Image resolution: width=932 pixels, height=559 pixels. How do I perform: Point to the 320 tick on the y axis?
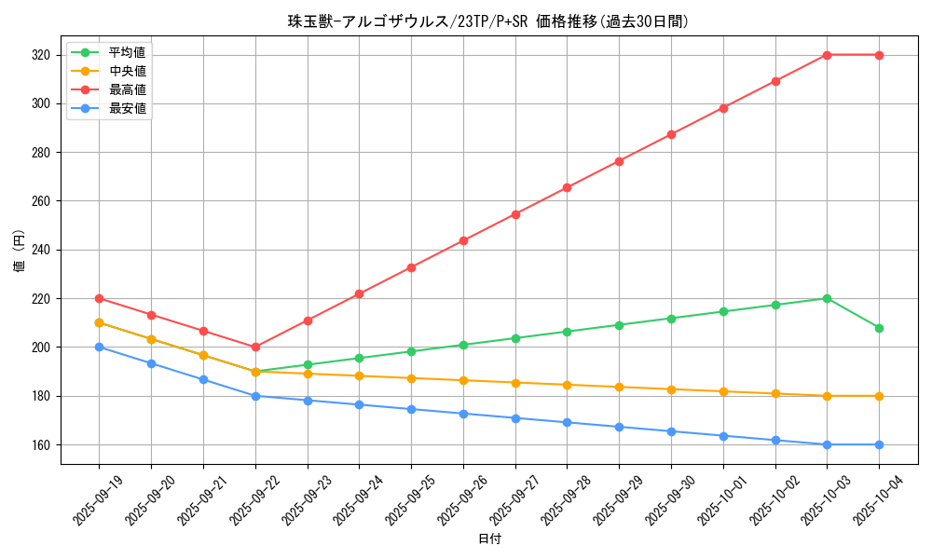tap(41, 55)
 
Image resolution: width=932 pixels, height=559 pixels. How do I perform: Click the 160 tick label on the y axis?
tap(41, 444)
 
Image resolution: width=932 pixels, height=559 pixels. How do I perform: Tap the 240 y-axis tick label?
tap(41, 250)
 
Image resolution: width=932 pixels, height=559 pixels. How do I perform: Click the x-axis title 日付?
tap(489, 539)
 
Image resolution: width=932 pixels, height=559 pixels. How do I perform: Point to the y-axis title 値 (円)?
tap(20, 251)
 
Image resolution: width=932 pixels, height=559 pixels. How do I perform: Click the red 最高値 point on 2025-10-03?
tap(827, 55)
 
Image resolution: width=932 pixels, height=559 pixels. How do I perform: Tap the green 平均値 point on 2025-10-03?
tap(827, 298)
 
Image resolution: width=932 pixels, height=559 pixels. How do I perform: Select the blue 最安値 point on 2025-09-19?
tap(99, 347)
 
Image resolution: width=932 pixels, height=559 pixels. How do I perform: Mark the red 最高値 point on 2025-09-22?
tap(255, 347)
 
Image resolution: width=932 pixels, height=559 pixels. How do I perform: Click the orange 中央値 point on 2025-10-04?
tap(879, 396)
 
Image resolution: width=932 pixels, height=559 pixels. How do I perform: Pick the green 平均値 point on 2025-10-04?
tap(879, 328)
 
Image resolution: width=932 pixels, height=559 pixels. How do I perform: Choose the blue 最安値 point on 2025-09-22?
tap(255, 396)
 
